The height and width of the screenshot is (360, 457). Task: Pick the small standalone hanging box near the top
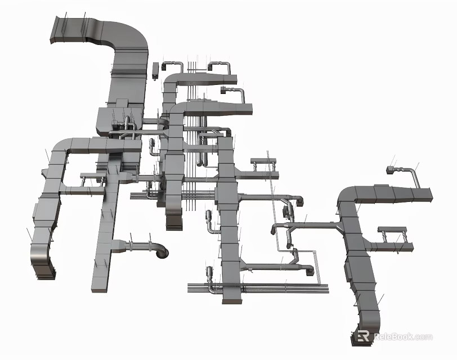pyautogui.click(x=156, y=71)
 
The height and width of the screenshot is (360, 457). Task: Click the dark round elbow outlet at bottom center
pyautogui.click(x=161, y=251)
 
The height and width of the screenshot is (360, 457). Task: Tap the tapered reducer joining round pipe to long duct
pyautogui.click(x=119, y=245)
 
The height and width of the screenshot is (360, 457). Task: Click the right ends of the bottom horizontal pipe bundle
pyautogui.click(x=326, y=288)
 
